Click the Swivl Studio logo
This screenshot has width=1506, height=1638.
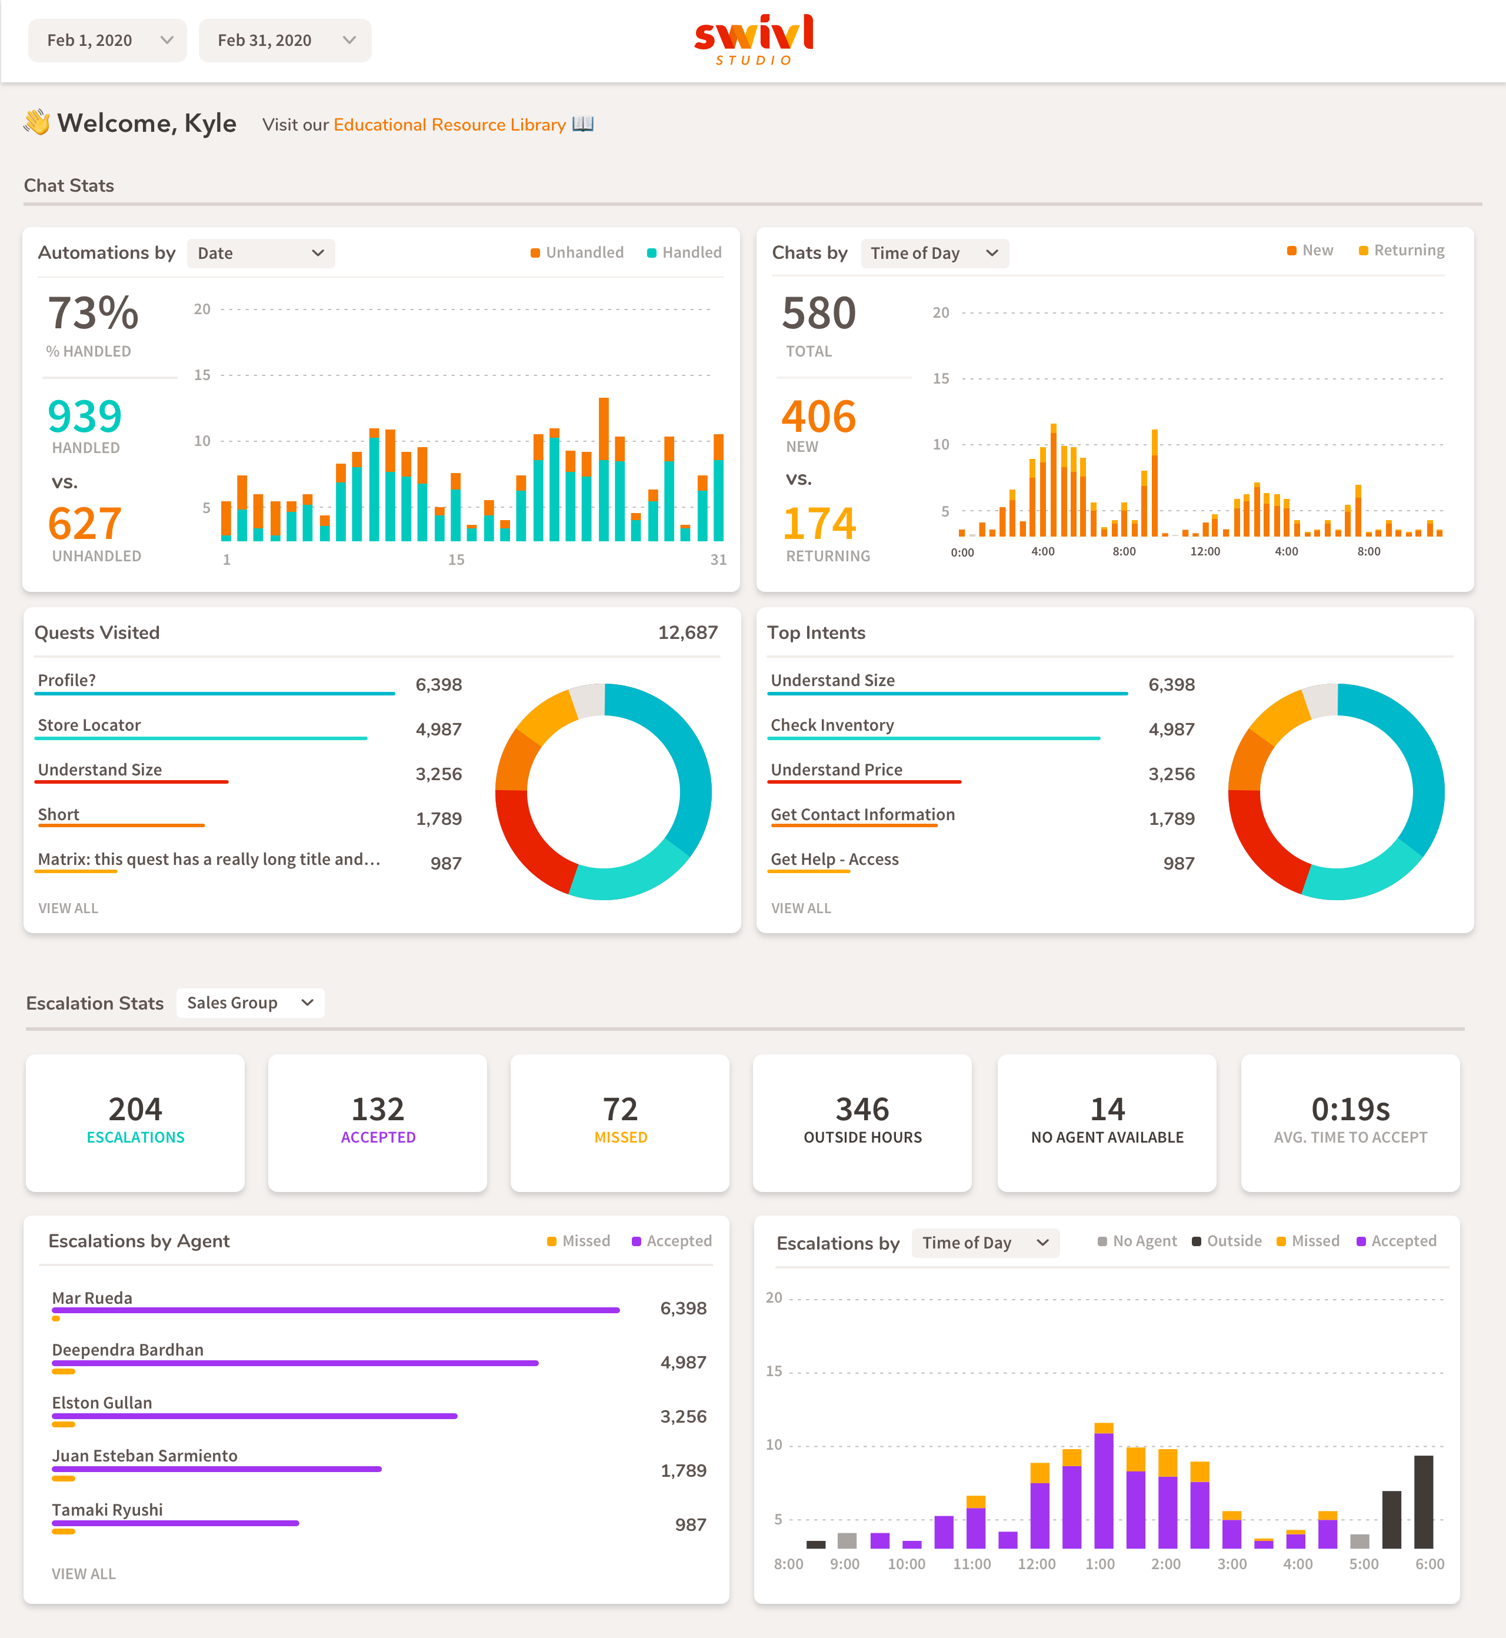coord(753,38)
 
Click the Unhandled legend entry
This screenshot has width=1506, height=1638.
coord(577,252)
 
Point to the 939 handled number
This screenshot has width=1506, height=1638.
coord(85,417)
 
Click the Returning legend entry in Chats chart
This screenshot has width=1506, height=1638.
coord(1402,250)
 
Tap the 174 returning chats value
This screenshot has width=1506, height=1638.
coord(819,523)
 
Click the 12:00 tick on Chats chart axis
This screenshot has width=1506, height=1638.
coord(1204,552)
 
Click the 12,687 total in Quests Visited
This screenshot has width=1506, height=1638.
coord(687,632)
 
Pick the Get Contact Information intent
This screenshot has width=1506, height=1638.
coord(862,814)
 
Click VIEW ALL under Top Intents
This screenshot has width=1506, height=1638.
coord(801,908)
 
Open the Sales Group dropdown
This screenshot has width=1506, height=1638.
coord(249,1003)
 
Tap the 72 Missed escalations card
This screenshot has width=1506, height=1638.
coord(619,1122)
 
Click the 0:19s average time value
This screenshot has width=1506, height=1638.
coord(1350,1109)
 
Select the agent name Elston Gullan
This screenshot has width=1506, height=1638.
coord(102,1403)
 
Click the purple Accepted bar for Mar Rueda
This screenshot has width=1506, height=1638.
coord(335,1310)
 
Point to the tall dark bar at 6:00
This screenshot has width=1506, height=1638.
coord(1423,1502)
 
